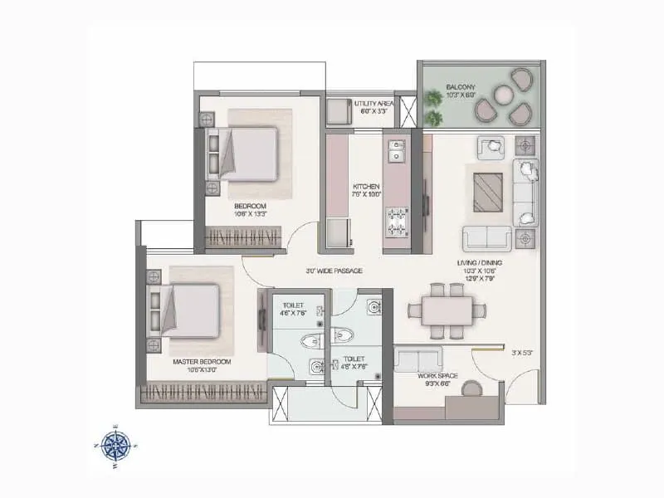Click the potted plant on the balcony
pos(434,100)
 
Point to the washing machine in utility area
pos(339,111)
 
